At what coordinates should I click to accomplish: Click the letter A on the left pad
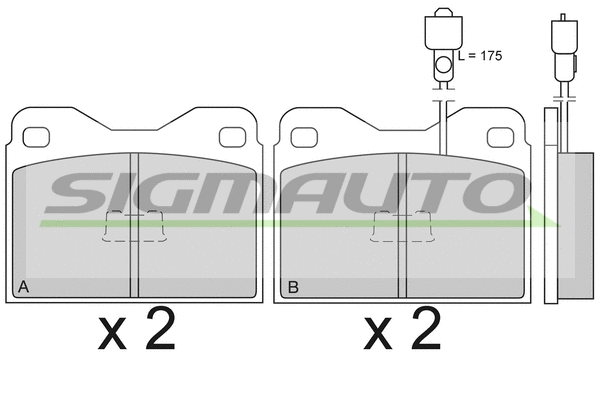23,288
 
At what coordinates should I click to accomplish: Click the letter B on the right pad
293,288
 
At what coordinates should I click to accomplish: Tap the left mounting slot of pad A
36,136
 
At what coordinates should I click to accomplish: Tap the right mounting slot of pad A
231,136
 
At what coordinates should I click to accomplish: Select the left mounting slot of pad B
303,136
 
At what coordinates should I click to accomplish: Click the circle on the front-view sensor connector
442,66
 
